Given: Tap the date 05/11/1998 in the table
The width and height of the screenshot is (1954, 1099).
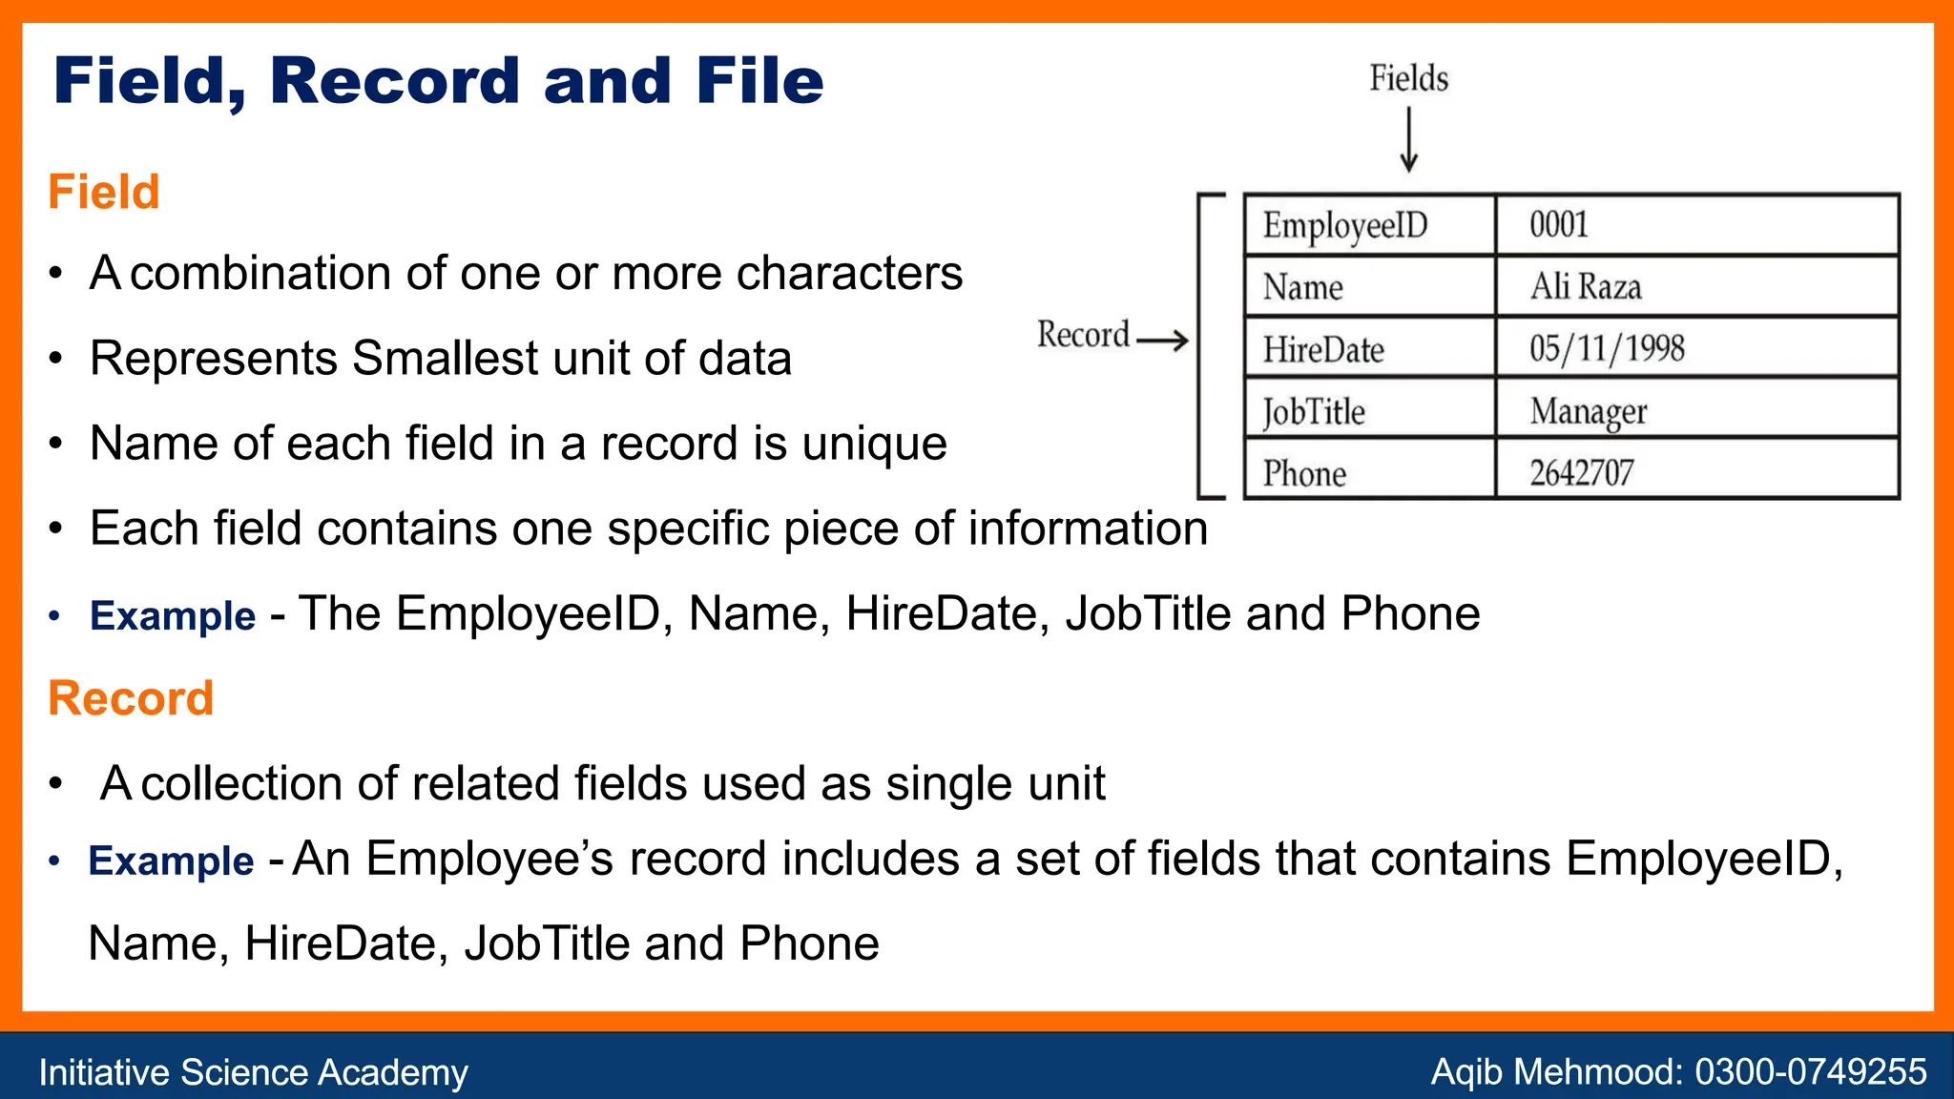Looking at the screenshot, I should coord(1607,348).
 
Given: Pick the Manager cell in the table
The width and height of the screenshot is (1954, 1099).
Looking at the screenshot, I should coord(1589,411).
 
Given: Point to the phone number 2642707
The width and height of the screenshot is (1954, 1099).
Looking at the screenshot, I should coord(1582,472).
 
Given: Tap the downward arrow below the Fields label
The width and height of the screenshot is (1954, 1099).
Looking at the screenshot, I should coord(1408,139).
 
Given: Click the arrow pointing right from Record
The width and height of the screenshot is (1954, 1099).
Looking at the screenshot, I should coord(1163,340).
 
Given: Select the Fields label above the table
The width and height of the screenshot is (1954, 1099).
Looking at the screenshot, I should coord(1408,78).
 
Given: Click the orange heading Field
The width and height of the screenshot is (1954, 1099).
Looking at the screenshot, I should coord(103,192).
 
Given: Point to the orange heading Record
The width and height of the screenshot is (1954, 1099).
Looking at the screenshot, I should coord(131,698).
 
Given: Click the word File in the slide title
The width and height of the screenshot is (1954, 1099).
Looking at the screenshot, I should coord(759,81).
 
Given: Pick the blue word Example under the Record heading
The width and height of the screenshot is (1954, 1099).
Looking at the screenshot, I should coord(171,861).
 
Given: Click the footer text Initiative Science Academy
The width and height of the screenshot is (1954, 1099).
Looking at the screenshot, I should coord(253,1072).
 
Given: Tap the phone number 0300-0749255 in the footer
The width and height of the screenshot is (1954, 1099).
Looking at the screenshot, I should coord(1810,1072).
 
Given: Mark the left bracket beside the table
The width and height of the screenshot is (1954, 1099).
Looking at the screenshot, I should coord(1208,345).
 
